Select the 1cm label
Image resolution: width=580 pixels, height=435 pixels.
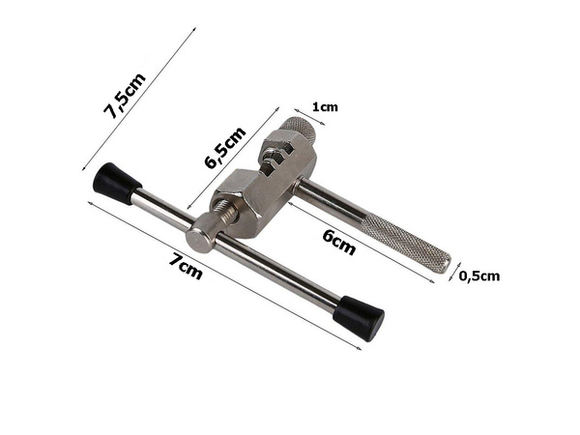pyautogui.click(x=324, y=108)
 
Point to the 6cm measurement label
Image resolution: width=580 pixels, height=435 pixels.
pyautogui.click(x=336, y=242)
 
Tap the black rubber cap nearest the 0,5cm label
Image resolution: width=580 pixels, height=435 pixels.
pyautogui.click(x=359, y=316)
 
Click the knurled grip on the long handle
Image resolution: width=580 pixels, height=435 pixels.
pyautogui.click(x=407, y=239)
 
